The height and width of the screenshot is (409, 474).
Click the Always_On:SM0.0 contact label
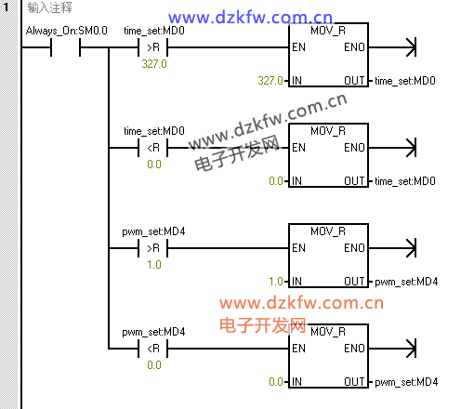tap(67, 31)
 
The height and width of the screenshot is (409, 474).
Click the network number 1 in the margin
tap(7, 7)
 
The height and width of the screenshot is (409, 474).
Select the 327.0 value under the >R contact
tap(154, 64)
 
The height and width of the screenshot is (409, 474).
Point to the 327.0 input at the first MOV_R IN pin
tap(270, 81)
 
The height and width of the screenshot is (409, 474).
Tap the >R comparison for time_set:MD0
tap(153, 47)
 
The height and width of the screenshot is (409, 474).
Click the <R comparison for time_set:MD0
tap(153, 148)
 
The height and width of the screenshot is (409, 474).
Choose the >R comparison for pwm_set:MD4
tap(153, 248)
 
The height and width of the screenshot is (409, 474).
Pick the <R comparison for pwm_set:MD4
tap(153, 349)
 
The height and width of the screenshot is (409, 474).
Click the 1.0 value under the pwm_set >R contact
tap(154, 265)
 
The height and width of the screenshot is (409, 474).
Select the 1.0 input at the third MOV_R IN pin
tap(276, 282)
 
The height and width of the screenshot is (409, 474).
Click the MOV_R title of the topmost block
tap(328, 31)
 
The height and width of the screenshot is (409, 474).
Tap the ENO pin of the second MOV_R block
tap(354, 148)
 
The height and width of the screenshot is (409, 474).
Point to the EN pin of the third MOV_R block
tap(298, 248)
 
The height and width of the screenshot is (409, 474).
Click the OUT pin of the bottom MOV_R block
tap(354, 382)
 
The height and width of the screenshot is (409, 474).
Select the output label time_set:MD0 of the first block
tap(405, 81)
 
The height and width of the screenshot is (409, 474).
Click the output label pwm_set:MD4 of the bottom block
tap(406, 382)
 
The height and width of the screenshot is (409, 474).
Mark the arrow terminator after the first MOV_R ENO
tap(411, 47)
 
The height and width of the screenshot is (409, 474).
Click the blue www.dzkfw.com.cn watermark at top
tap(250, 18)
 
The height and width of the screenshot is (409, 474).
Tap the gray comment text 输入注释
tap(49, 7)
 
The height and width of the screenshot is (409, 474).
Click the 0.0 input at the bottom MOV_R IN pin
tap(276, 382)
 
